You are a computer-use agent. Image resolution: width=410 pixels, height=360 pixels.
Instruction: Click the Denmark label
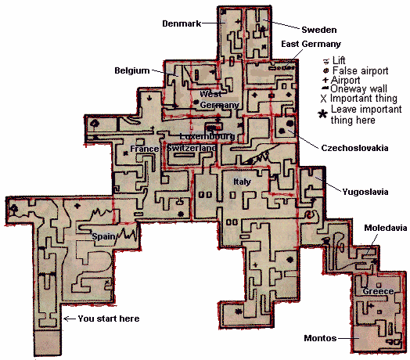point(182,23)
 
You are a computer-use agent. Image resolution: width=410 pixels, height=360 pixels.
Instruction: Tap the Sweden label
point(319,30)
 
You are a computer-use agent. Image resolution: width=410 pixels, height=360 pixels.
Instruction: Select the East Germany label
point(311,44)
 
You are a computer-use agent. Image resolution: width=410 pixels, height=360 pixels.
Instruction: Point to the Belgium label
point(132,70)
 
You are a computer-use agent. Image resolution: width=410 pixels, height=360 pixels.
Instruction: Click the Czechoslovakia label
point(354,148)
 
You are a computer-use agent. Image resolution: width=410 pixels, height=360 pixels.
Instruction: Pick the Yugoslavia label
point(365,192)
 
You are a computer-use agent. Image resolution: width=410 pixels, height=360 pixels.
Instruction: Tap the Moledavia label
point(386,228)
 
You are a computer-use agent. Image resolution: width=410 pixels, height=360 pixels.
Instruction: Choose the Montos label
point(320,338)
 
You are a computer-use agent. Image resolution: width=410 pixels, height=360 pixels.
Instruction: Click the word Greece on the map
point(378,291)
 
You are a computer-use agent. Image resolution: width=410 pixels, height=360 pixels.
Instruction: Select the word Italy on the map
point(242,182)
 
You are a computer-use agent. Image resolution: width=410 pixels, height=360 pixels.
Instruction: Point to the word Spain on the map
point(103,236)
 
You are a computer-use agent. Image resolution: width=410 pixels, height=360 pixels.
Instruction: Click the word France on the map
point(144,149)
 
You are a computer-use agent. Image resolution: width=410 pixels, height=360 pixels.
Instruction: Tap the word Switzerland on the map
point(192,148)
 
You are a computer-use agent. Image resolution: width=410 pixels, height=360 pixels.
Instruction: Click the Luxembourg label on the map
point(207,136)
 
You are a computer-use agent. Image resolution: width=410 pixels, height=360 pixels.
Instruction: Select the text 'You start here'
point(109,319)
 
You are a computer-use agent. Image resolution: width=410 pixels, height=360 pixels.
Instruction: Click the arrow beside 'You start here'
point(70,319)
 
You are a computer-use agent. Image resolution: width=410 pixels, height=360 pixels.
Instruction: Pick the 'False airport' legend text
point(361,70)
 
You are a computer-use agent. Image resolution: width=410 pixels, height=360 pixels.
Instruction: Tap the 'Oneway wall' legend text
point(358,89)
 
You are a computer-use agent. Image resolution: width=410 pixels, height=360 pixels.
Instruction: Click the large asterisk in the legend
point(322,114)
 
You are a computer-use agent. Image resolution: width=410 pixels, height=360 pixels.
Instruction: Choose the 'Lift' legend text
point(339,61)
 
